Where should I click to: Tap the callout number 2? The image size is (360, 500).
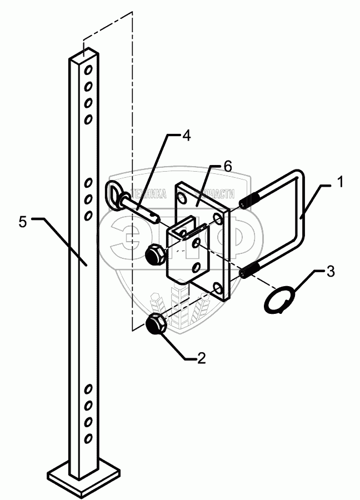click(201, 358)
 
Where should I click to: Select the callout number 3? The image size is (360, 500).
click(331, 273)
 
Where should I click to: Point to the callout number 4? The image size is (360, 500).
click(186, 135)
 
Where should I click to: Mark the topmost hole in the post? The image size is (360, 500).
click(88, 70)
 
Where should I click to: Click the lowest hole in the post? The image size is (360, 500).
click(88, 439)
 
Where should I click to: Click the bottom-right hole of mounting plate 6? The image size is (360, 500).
click(217, 287)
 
